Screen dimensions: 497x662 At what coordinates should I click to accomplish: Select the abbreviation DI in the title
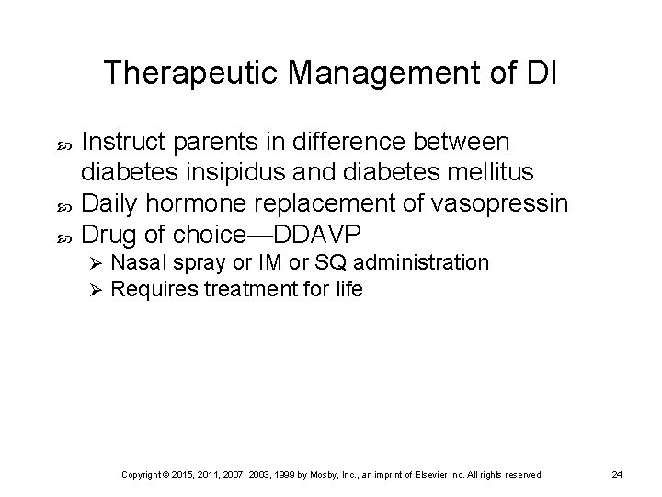coord(539,73)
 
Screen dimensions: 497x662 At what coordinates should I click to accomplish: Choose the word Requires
coord(151,289)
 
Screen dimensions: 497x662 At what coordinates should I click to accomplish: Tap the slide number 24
coord(618,475)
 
